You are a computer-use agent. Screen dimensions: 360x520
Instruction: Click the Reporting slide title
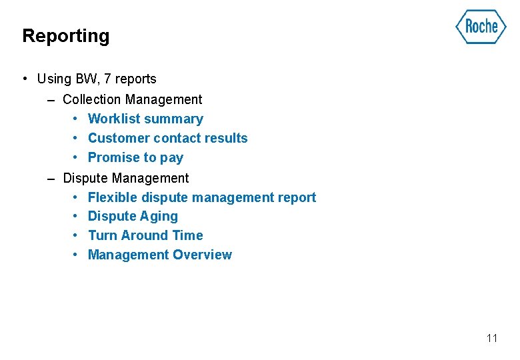pos(65,36)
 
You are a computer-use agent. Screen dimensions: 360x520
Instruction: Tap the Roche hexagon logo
pos(481,27)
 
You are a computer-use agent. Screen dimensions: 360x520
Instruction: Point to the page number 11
pos(492,338)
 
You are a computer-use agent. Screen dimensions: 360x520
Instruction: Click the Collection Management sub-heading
pos(132,99)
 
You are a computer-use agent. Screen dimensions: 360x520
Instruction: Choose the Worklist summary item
pos(145,119)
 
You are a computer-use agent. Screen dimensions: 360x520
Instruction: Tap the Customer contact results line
pos(167,138)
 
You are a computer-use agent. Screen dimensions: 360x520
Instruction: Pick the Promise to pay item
pos(135,157)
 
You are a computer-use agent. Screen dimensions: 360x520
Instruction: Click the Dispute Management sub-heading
pos(125,178)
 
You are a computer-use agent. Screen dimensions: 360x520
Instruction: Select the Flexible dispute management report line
pos(202,197)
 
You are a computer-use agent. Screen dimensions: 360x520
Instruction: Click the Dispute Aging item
pos(133,216)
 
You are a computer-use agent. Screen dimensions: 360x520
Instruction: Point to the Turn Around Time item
pos(145,235)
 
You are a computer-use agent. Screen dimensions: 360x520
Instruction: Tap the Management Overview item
pos(160,255)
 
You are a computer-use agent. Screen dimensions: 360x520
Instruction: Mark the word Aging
pos(159,217)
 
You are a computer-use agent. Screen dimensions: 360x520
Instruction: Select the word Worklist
pos(111,119)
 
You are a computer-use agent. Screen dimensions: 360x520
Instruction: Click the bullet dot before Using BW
pos(24,79)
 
